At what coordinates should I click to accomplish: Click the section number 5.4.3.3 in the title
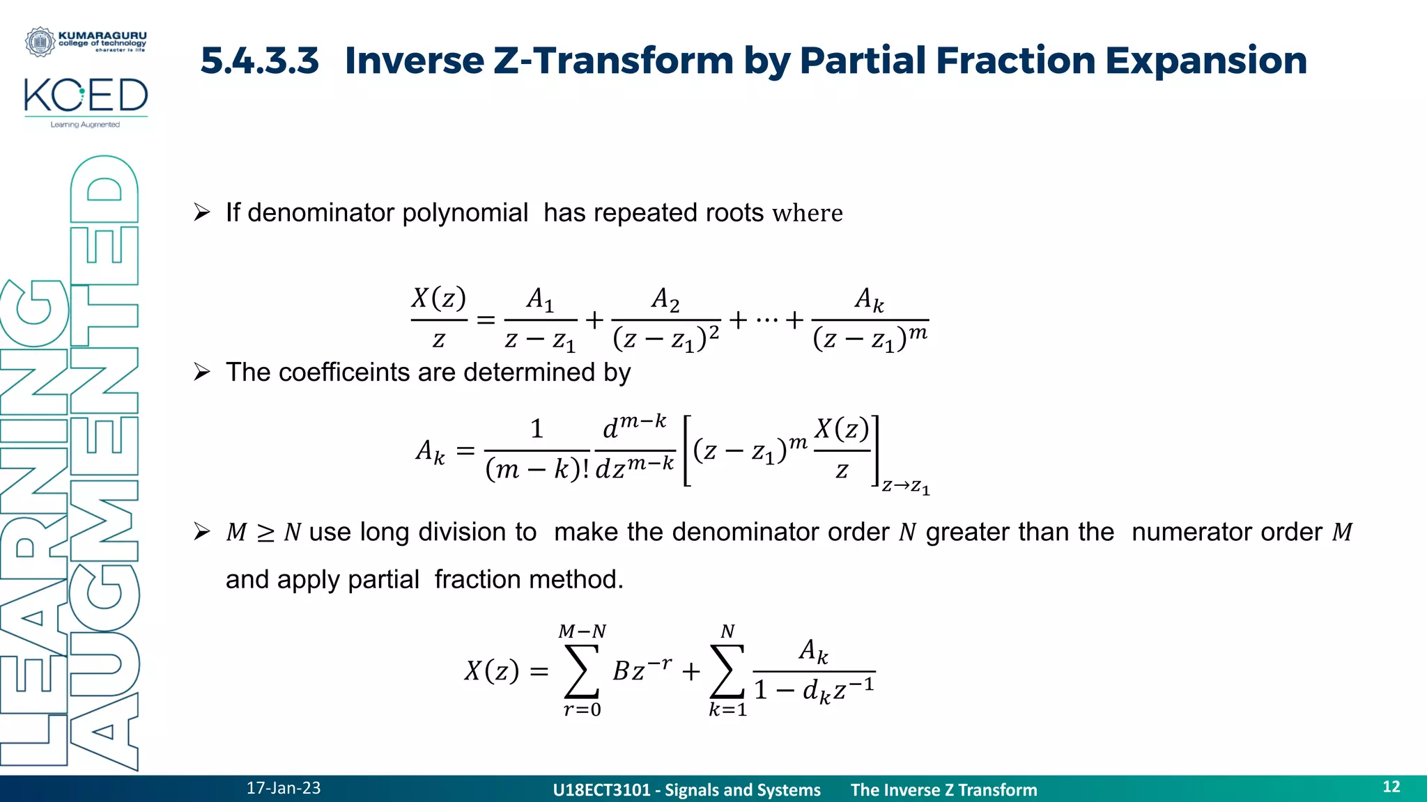tap(259, 61)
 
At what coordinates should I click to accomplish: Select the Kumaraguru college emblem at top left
tap(40, 42)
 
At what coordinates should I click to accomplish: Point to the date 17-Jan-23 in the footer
tap(283, 788)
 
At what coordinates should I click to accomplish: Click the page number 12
tap(1391, 787)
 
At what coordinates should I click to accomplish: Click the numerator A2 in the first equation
tap(665, 299)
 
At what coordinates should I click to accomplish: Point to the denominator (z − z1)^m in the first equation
tap(870, 339)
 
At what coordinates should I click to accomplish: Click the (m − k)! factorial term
tap(537, 470)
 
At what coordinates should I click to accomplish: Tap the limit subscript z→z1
tap(905, 486)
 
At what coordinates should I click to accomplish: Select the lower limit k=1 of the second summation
tap(727, 710)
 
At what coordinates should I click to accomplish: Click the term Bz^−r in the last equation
tap(642, 670)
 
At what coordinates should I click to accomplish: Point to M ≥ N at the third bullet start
tap(263, 533)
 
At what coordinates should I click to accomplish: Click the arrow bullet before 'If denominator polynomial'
tap(202, 212)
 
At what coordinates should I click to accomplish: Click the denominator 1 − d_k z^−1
tap(814, 690)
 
